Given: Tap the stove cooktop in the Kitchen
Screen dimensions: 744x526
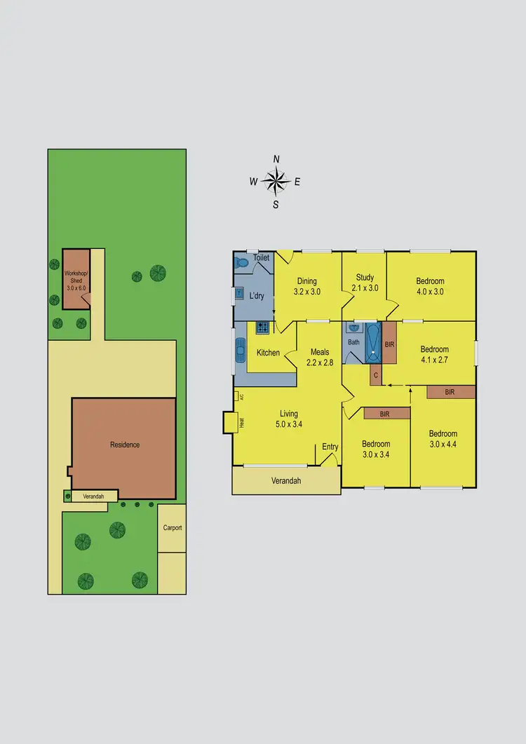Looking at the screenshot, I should point(262,327).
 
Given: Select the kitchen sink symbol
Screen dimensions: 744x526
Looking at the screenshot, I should point(241,348).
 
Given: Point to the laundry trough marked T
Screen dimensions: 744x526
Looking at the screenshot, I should point(239,293).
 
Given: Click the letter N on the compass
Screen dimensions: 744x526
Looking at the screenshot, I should point(276,159).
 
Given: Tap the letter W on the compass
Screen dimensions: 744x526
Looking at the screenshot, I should point(253,182).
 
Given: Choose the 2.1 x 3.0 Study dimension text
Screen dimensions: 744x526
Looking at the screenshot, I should point(365,288).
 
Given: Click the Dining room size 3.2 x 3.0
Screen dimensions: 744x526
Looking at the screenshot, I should point(306,292).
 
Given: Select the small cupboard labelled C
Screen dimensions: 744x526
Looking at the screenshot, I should point(376,374).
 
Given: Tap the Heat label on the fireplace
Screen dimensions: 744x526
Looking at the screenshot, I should point(241,422).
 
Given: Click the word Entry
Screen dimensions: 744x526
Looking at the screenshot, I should point(330,447).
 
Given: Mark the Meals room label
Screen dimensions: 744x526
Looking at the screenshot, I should point(319,352).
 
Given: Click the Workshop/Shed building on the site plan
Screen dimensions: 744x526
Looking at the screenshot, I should point(76,278).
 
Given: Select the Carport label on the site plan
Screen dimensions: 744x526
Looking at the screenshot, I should point(173,527).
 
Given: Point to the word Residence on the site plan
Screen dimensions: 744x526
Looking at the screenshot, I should point(125,445).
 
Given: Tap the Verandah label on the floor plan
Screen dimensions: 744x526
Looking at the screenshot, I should point(286,480).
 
